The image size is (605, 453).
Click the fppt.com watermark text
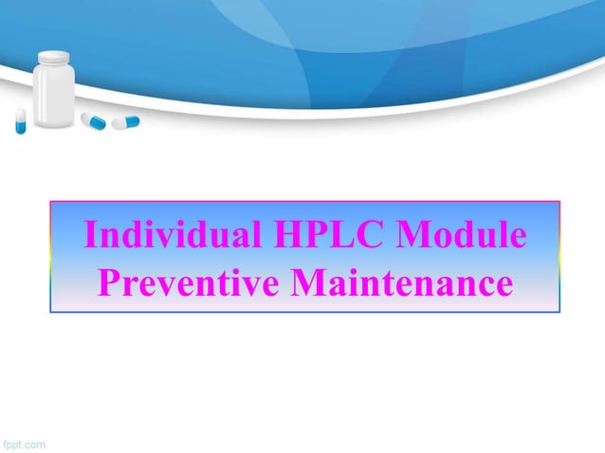click(26, 442)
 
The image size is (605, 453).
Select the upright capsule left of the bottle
click(20, 120)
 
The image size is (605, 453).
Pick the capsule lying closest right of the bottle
click(93, 120)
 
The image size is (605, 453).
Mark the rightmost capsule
click(125, 122)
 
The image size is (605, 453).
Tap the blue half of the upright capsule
click(20, 126)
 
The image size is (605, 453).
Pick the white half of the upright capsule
click(20, 115)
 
